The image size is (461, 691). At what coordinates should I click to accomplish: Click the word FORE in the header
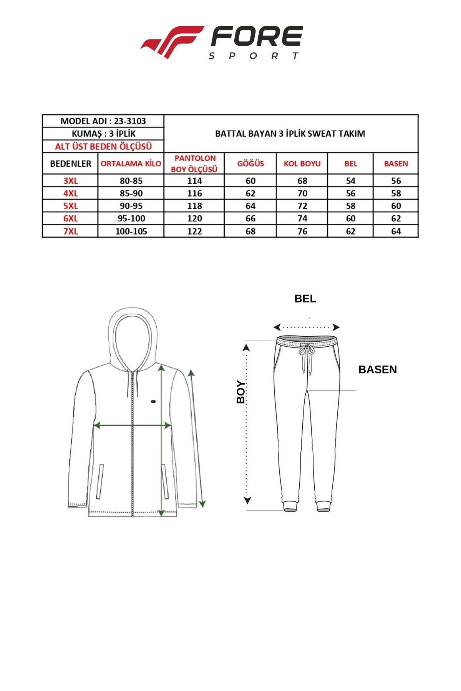pyautogui.click(x=257, y=38)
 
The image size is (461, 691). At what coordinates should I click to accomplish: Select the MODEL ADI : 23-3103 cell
pyautogui.click(x=103, y=121)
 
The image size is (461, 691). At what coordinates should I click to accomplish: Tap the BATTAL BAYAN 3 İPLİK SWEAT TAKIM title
pyautogui.click(x=290, y=134)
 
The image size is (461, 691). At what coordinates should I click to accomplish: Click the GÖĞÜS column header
pyautogui.click(x=250, y=164)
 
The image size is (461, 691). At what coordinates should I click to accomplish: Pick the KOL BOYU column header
pyautogui.click(x=302, y=164)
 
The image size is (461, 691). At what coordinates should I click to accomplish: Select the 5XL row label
pyautogui.click(x=70, y=206)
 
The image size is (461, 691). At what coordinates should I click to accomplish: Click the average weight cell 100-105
pyautogui.click(x=131, y=231)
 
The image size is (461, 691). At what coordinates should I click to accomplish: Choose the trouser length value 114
pyautogui.click(x=194, y=181)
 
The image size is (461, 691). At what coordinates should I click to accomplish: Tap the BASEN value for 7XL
pyautogui.click(x=396, y=231)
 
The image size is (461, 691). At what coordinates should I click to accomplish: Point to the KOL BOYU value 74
pyautogui.click(x=302, y=218)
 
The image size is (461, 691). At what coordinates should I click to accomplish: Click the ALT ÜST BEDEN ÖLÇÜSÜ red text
pyautogui.click(x=103, y=146)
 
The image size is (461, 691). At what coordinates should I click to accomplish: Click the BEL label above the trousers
pyautogui.click(x=305, y=299)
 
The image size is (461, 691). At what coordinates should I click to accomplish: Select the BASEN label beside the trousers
pyautogui.click(x=377, y=369)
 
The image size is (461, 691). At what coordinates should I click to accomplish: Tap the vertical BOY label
pyautogui.click(x=241, y=392)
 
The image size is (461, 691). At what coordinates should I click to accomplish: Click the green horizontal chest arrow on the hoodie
pyautogui.click(x=132, y=425)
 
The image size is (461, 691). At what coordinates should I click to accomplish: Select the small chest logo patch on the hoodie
pyautogui.click(x=153, y=402)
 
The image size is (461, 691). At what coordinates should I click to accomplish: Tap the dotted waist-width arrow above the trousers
pyautogui.click(x=306, y=327)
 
